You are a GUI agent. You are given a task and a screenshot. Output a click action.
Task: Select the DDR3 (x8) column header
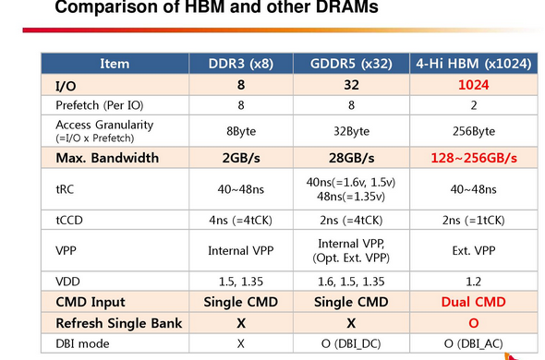point(241,64)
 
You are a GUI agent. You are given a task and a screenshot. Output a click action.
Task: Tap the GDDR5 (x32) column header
point(351,64)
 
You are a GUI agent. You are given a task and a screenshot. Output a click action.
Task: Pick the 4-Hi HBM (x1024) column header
point(473,64)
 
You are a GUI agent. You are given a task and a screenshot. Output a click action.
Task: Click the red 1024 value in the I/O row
point(473,85)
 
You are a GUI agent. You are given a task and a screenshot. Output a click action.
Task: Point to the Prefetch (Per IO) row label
point(100,105)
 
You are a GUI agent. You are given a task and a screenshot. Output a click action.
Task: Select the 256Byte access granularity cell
point(473,131)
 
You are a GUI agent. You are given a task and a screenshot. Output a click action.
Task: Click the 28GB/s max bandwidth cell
point(351,158)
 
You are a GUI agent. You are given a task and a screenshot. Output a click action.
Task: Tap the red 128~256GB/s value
point(474,158)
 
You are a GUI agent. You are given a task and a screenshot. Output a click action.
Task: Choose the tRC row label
point(65,189)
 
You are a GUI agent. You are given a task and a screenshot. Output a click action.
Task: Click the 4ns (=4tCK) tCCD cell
point(240,221)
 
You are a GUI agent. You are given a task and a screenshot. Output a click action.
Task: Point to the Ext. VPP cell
point(473,250)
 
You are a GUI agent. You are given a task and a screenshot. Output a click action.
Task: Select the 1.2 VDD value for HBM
point(473,282)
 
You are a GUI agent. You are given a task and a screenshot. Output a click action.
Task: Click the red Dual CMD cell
point(473,302)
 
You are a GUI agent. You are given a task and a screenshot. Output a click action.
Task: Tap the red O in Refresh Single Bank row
point(473,323)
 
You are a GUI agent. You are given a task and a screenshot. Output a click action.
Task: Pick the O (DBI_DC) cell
point(351,343)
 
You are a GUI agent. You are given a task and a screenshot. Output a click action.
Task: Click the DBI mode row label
point(82,343)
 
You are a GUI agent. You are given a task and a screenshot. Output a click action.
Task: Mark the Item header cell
point(115,64)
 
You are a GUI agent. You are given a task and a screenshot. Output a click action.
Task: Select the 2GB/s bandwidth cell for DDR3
point(241,158)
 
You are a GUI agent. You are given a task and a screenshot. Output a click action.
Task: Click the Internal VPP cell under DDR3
point(241,250)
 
